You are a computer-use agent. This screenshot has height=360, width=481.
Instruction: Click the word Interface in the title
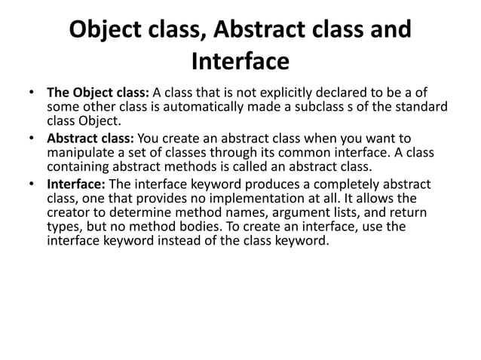[240, 59]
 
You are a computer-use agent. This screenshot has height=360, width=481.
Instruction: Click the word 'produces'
[265, 185]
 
